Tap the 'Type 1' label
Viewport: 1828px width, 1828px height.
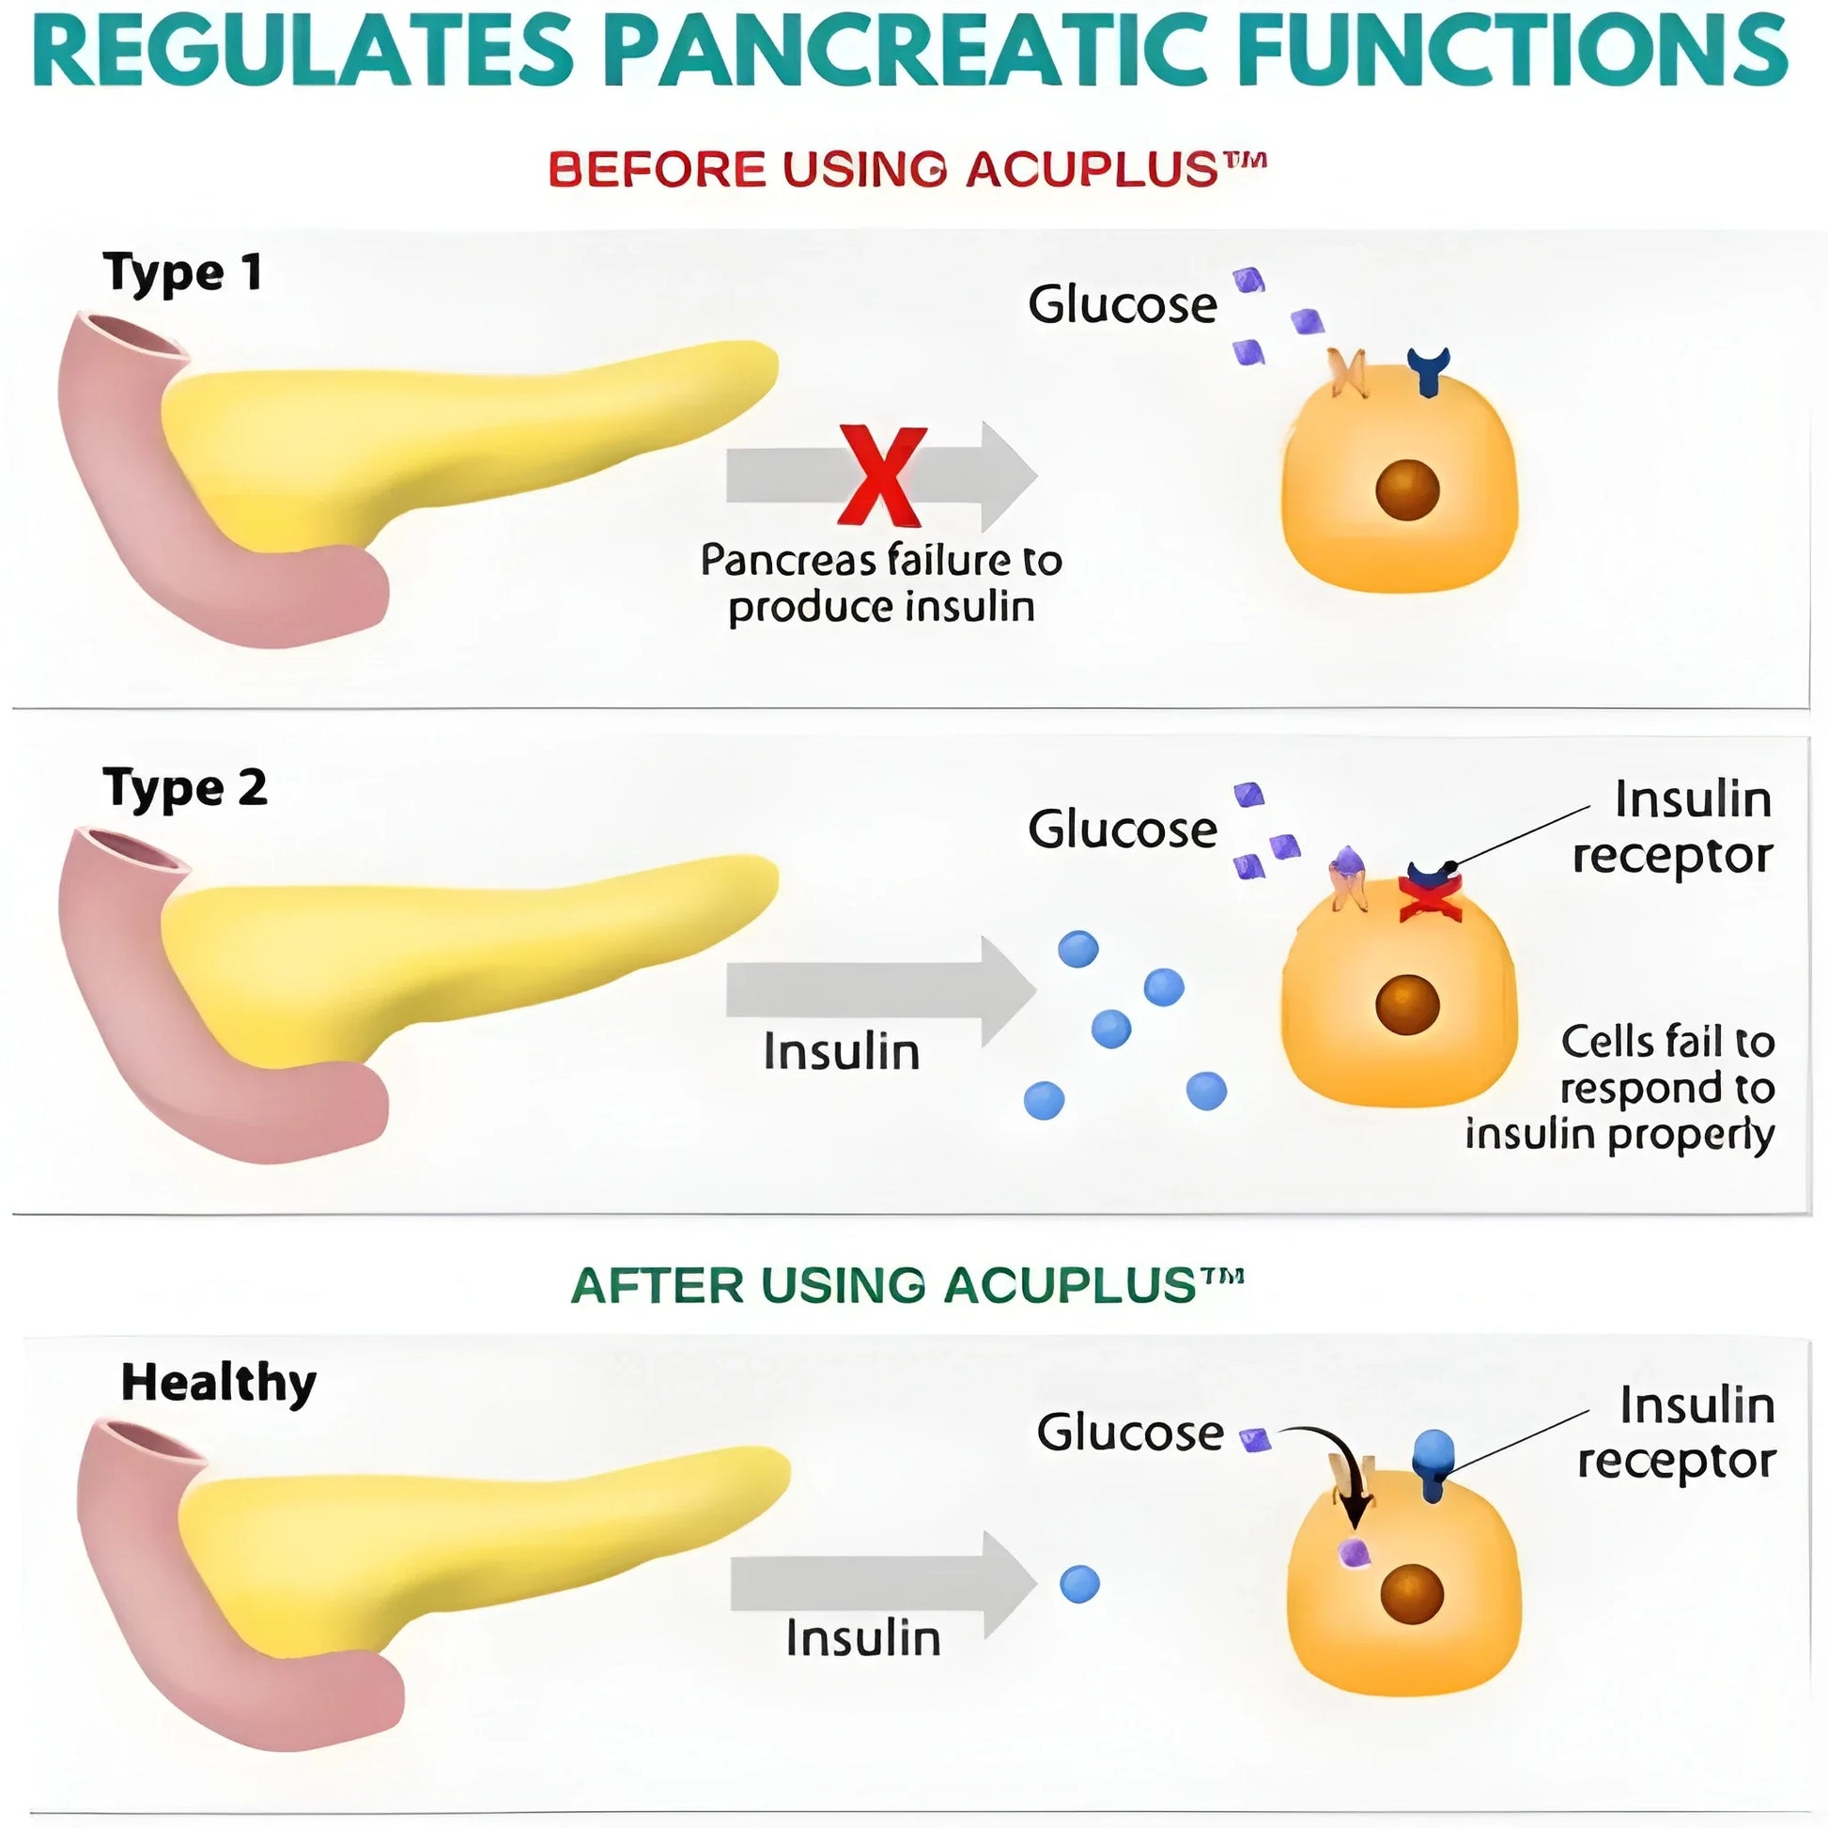(181, 273)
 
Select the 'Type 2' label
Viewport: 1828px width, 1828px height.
(184, 788)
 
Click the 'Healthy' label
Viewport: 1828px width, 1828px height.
(219, 1384)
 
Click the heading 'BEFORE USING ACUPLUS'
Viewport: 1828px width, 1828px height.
(906, 170)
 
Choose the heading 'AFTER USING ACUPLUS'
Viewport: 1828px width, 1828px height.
(906, 1285)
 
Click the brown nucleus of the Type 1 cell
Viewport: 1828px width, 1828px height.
(1407, 489)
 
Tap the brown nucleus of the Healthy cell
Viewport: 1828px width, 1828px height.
(1411, 1593)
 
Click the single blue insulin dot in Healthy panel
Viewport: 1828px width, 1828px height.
(1079, 1584)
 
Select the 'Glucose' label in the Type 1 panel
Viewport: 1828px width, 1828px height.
(1123, 304)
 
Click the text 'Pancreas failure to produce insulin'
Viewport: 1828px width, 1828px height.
(881, 583)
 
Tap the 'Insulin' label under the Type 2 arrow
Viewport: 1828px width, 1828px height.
(841, 1052)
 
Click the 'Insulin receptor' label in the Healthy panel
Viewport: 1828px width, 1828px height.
(1676, 1433)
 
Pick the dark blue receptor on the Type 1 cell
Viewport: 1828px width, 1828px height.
(1428, 370)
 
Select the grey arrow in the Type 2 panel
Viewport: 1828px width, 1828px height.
(880, 991)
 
